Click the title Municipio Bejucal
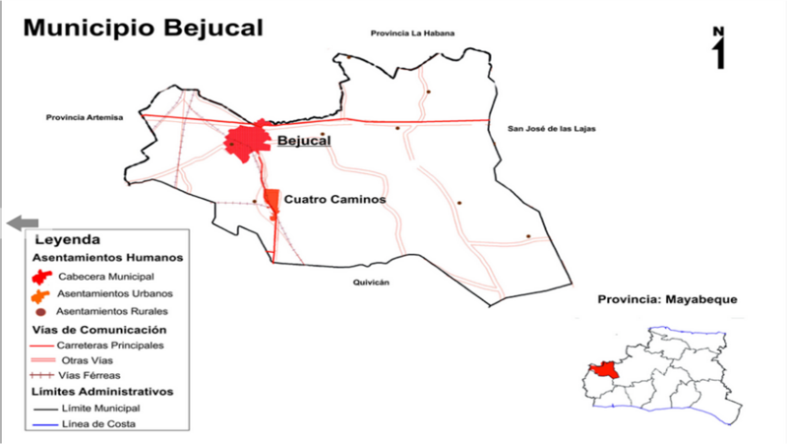tap(144, 27)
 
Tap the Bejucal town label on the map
tap(304, 141)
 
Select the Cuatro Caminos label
tap(334, 199)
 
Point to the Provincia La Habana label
tap(412, 33)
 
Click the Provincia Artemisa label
tap(85, 117)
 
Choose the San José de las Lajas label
tap(552, 128)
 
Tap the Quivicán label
tap(371, 283)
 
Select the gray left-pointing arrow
tap(23, 223)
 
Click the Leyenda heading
tap(67, 239)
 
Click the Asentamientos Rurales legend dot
tap(40, 311)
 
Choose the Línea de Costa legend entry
tap(96, 423)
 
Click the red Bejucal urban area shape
tap(247, 141)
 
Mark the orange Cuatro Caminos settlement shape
tap(272, 204)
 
